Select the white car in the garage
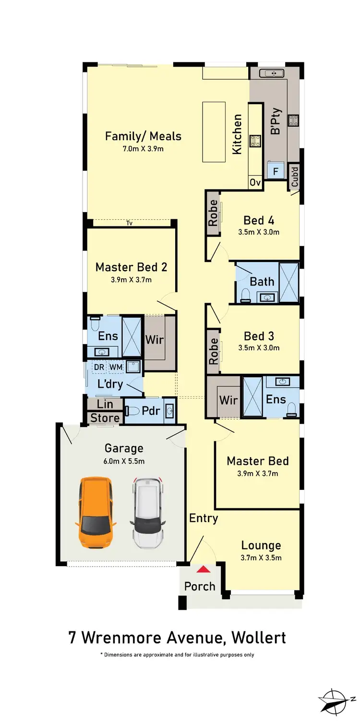pos(148,512)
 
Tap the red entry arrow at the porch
pos(204,569)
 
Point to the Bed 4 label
pos(259,220)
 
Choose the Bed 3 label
pos(259,336)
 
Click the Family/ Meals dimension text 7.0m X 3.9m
pos(143,149)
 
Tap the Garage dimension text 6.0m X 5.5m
pos(124,461)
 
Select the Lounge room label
pos(261,545)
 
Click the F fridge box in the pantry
pos(276,171)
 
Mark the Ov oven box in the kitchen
pos(254,183)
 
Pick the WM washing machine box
pos(115,367)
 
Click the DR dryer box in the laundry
pos(99,367)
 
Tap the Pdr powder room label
pos(151,411)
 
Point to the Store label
pos(105,418)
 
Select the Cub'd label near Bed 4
pos(295,177)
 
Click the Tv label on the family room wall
pos(129,223)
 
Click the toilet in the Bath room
pos(245,295)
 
